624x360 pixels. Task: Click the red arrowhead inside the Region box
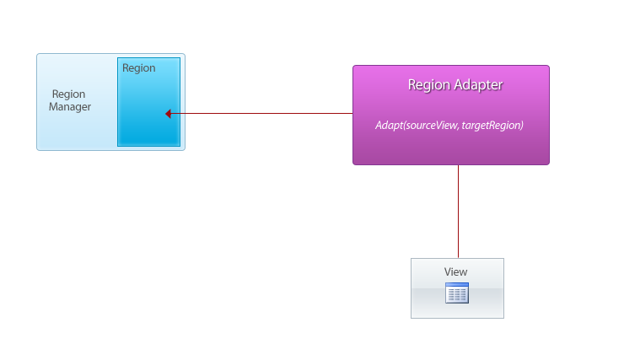coord(168,114)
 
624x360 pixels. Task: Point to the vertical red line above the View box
coord(458,212)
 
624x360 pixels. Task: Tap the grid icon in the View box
coord(457,293)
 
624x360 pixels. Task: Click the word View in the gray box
coord(455,271)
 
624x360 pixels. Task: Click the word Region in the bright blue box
coord(139,68)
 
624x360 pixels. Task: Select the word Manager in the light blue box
coord(70,107)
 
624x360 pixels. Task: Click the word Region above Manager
coord(68,94)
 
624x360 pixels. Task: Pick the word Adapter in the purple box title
coord(479,84)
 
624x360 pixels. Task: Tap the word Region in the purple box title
coord(429,85)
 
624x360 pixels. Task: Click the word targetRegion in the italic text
coord(492,126)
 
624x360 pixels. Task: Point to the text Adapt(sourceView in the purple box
coord(417,126)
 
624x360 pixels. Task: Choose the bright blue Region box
coord(149,102)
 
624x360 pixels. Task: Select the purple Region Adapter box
coord(451,115)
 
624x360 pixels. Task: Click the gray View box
coord(457,288)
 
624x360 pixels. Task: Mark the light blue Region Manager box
coord(110,102)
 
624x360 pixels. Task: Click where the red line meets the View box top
coord(458,259)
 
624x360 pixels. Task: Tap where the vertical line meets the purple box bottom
coord(458,164)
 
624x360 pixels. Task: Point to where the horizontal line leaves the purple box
coord(353,113)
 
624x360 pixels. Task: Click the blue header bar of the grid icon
coord(457,284)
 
